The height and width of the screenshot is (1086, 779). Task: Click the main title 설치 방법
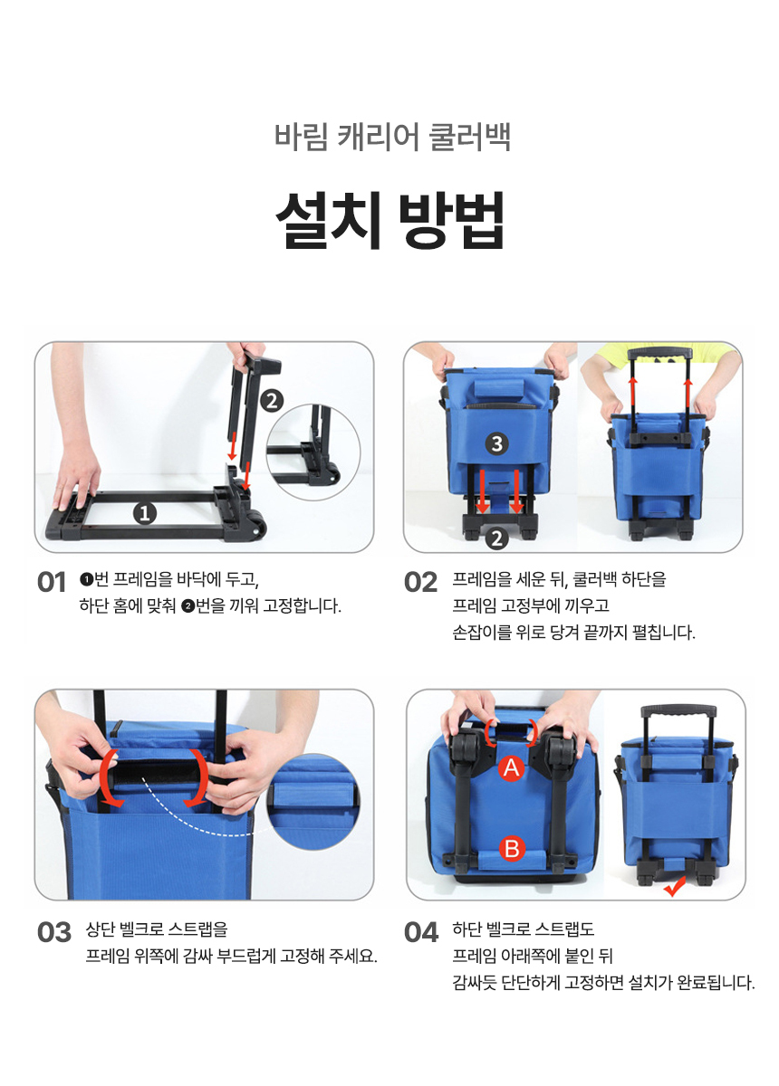(390, 220)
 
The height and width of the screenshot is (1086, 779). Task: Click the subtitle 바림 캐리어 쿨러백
(392, 138)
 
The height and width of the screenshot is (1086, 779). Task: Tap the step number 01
(51, 582)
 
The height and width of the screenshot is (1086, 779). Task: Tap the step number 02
(421, 582)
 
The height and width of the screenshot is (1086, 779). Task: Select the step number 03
(53, 932)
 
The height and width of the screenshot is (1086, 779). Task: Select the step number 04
(421, 932)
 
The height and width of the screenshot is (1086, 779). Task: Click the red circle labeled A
(512, 768)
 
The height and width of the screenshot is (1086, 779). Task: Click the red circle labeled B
(512, 849)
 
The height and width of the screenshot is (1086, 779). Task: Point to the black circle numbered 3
(496, 443)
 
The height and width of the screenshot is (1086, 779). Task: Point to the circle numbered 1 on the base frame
(145, 513)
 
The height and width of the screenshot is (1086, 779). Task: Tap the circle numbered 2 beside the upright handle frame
(272, 401)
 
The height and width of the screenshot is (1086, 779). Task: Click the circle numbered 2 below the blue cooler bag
(496, 538)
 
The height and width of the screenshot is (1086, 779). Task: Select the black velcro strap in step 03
(154, 777)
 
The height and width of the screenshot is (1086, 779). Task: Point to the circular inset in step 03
(314, 803)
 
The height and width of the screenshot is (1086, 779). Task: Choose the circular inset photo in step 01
(314, 452)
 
